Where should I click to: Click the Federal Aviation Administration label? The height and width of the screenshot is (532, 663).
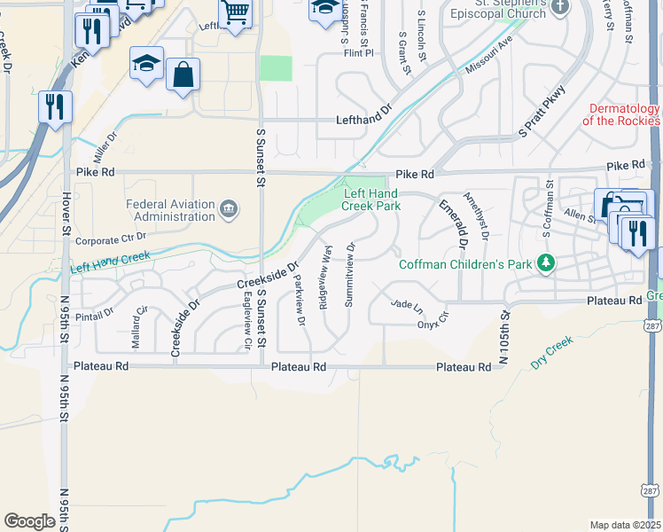170,209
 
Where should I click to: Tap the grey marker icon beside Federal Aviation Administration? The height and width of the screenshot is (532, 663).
229,209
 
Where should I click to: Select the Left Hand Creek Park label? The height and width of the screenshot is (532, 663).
372,199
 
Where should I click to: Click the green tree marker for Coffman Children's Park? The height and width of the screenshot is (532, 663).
548,262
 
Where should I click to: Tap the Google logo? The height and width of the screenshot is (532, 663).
29,521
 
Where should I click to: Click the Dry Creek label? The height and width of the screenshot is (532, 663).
552,352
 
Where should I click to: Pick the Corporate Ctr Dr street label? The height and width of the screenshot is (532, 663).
110,239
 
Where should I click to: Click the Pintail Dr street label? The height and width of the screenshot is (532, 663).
97,312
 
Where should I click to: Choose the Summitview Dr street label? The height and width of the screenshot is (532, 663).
350,274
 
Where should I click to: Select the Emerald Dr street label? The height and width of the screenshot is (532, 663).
451,223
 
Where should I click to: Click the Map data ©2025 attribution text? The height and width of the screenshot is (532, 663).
625,525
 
